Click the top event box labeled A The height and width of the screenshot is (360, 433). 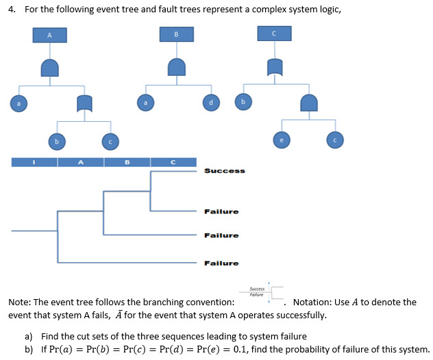click(49, 34)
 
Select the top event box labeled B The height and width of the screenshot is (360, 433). click(177, 34)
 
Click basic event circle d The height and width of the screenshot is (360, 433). click(212, 103)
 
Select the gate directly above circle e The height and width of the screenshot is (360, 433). click(308, 103)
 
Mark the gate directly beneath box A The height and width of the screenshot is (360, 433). click(49, 67)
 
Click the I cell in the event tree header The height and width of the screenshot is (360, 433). click(34, 162)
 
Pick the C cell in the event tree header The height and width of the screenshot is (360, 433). click(173, 162)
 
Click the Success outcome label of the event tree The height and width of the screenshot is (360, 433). click(224, 171)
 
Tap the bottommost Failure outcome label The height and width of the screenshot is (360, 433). click(221, 263)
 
